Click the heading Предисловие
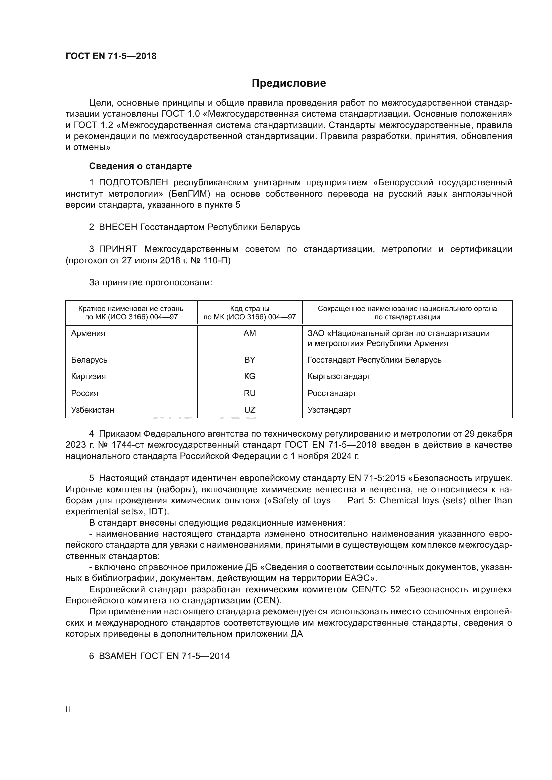[x=289, y=83]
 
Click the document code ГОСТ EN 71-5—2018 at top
[x=111, y=56]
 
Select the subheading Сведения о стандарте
[x=141, y=166]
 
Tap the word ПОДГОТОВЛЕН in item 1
[x=133, y=183]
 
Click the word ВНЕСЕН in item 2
[x=118, y=227]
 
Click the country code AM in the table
[x=250, y=333]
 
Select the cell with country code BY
[x=250, y=360]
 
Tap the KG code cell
[x=250, y=376]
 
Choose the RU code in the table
[x=250, y=393]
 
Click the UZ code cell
[x=250, y=410]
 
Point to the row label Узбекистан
[x=93, y=410]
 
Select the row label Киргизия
[x=88, y=376]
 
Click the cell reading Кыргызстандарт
[x=339, y=376]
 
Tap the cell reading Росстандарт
[x=332, y=393]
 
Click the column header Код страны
[x=250, y=309]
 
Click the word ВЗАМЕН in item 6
[x=118, y=656]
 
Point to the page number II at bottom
[x=68, y=709]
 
